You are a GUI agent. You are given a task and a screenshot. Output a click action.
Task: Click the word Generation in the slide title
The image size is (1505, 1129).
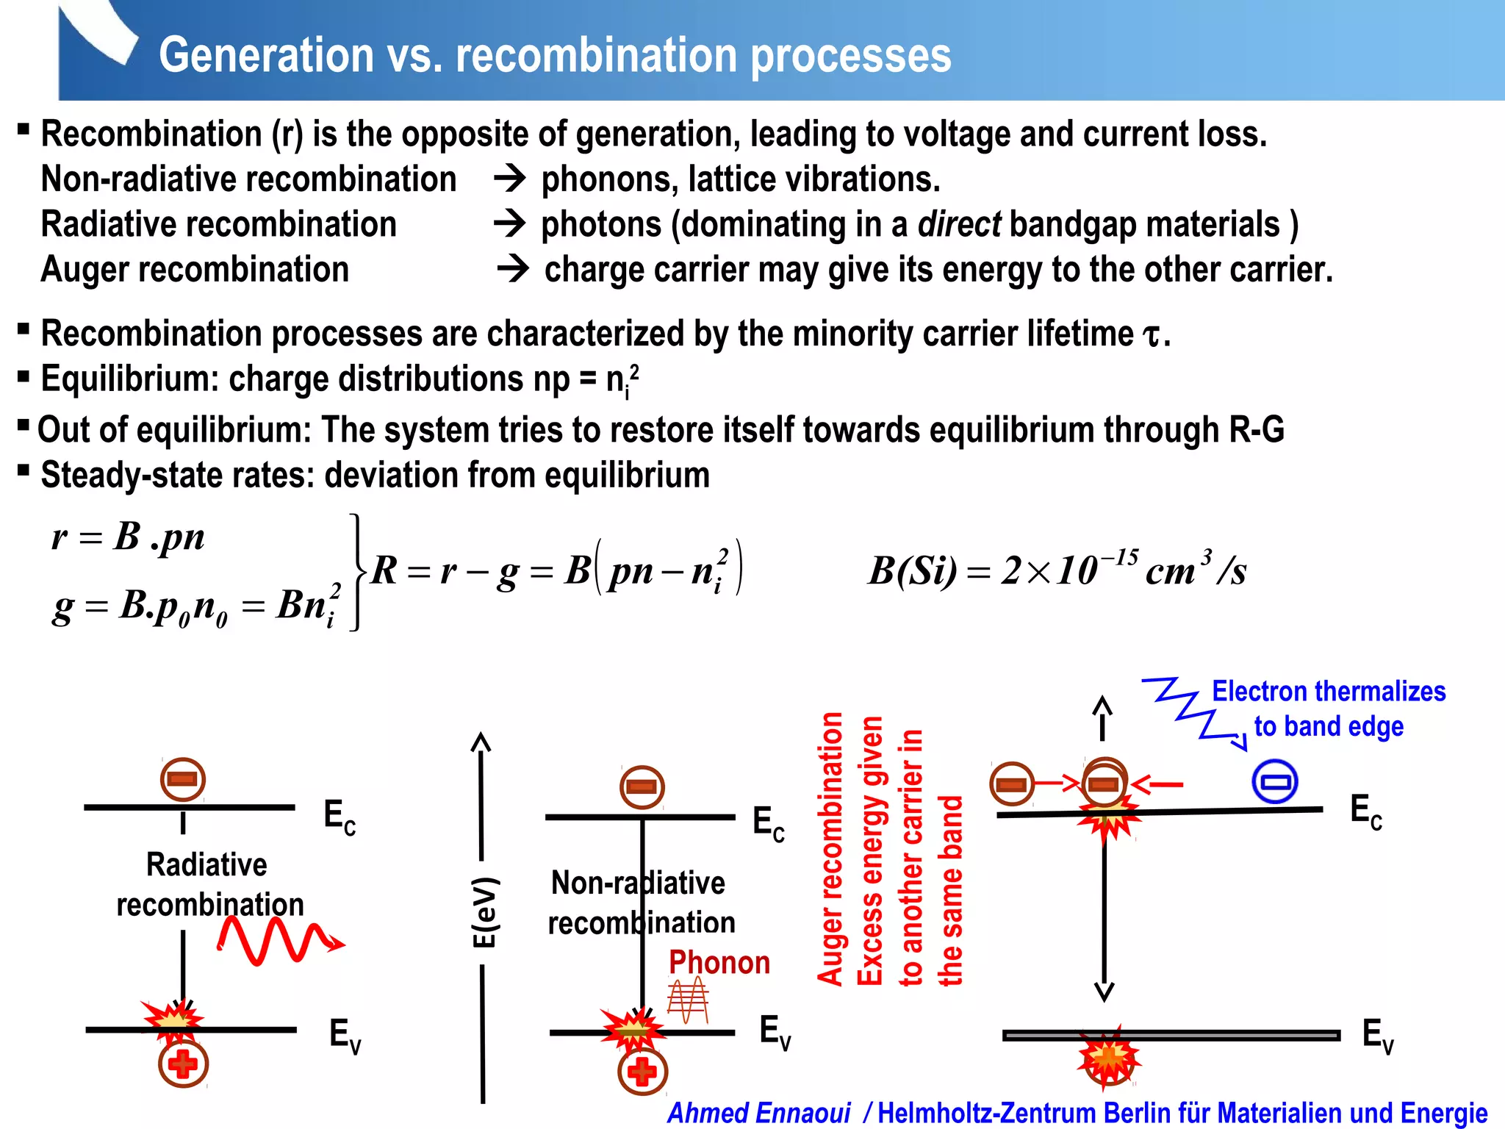tap(266, 56)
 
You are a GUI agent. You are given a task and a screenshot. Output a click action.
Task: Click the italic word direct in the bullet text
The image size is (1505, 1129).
tap(959, 224)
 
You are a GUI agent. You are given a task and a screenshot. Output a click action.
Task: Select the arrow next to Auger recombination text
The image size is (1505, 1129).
tap(512, 270)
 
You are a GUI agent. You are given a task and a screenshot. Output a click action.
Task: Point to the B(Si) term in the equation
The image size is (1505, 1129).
tap(912, 571)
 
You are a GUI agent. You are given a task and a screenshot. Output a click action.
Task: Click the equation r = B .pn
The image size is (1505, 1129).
tap(128, 537)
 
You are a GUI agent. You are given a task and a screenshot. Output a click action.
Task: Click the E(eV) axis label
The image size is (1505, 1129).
tap(484, 911)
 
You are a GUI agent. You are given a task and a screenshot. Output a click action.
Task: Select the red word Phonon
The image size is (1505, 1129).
tap(719, 963)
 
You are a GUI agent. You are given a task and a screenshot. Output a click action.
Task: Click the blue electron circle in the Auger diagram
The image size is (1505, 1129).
tap(1274, 781)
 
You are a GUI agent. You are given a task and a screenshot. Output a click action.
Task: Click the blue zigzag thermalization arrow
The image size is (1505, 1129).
tap(1190, 710)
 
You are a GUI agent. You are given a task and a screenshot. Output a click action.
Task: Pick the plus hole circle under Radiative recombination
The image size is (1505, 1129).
tap(183, 1064)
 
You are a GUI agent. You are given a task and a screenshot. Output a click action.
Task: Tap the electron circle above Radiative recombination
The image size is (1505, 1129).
tap(182, 779)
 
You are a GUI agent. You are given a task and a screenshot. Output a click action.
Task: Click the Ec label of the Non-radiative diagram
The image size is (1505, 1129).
tap(768, 822)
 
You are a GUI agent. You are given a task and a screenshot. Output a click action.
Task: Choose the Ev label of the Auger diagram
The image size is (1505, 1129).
tap(1377, 1036)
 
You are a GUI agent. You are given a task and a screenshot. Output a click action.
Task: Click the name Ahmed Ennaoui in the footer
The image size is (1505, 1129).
tap(758, 1113)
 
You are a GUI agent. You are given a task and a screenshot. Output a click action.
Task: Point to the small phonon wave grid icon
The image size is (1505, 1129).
tap(688, 1000)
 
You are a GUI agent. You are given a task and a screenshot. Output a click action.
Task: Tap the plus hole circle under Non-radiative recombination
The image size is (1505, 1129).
tap(642, 1072)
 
